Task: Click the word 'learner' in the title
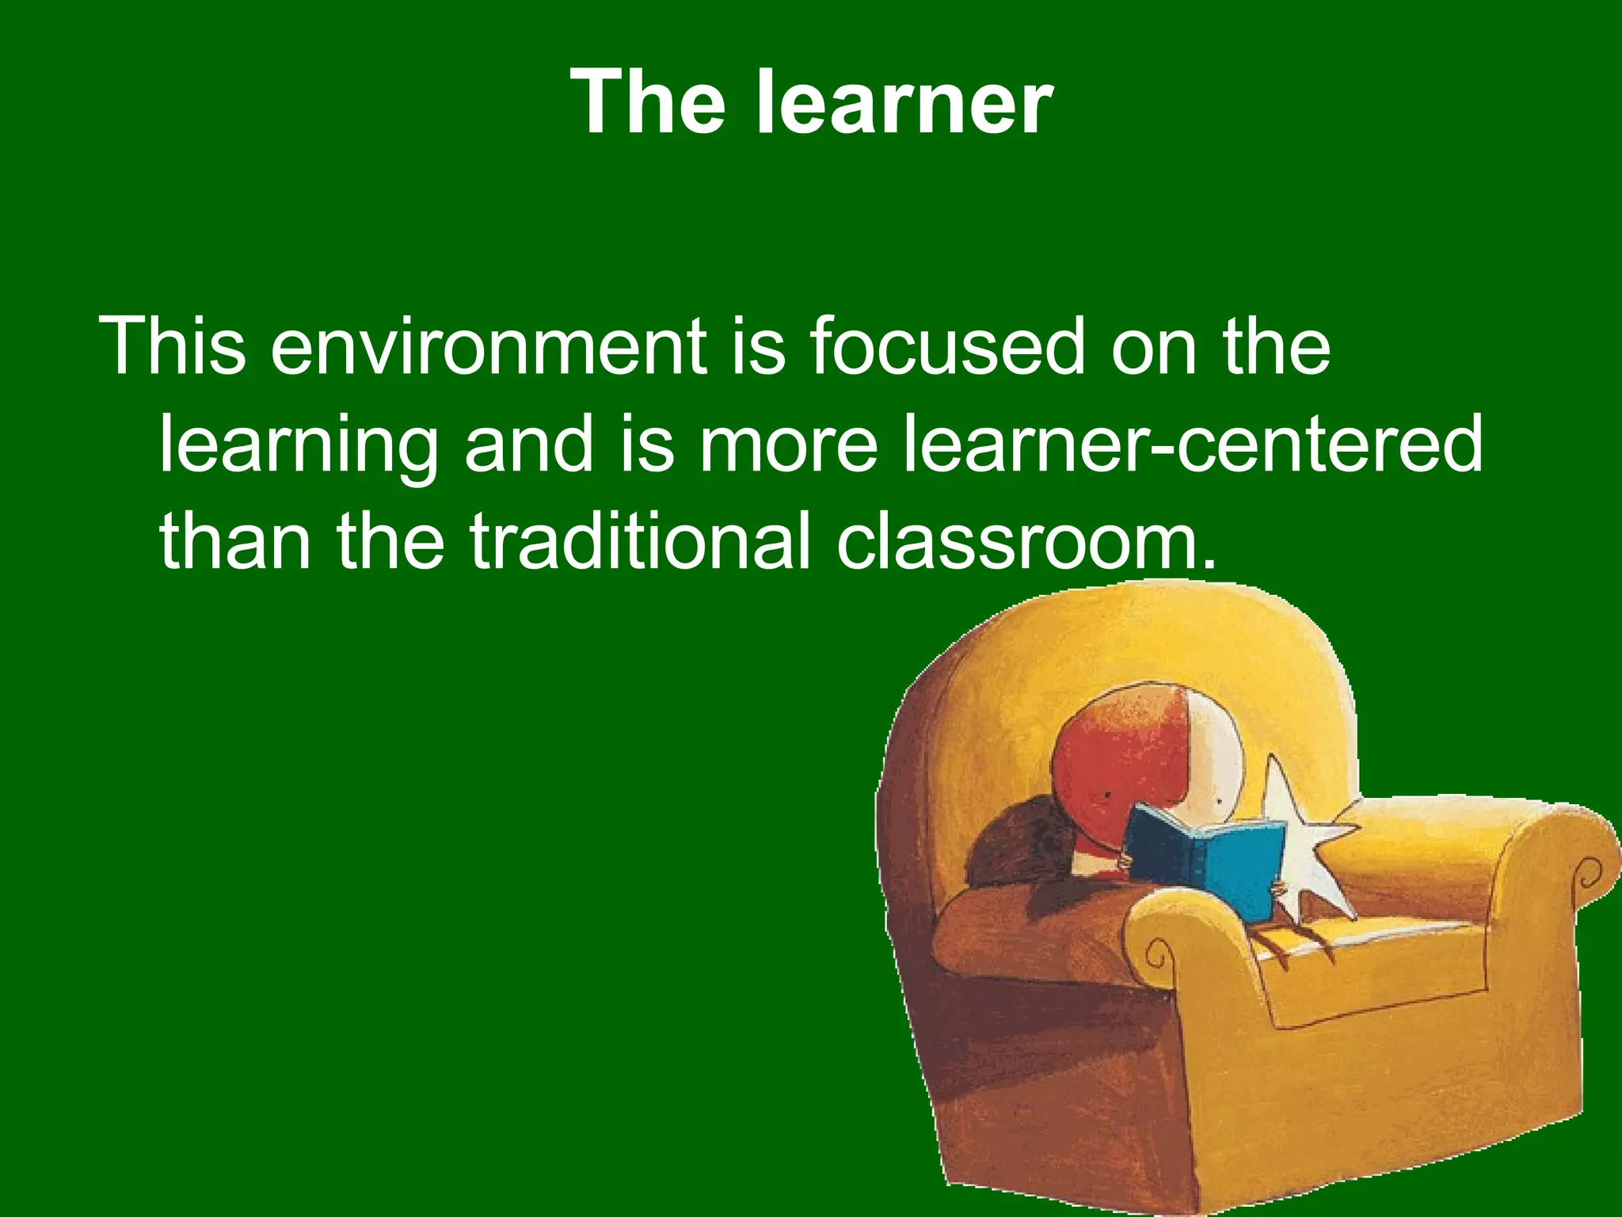[904, 102]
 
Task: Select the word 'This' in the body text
[173, 346]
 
